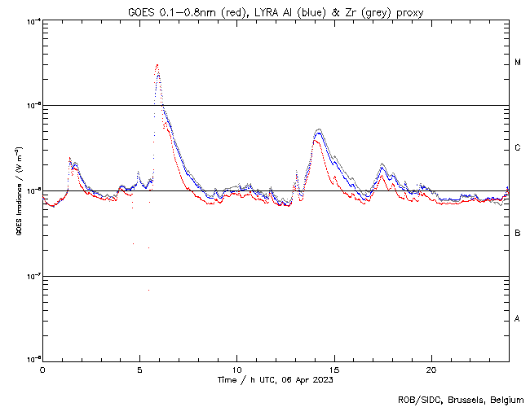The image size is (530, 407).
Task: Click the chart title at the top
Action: click(276, 11)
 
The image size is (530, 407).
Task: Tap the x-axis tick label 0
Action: click(42, 369)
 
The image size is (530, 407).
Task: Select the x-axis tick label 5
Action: click(139, 369)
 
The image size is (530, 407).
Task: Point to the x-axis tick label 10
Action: click(236, 369)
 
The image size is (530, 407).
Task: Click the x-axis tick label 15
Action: click(333, 369)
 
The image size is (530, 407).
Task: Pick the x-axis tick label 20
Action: click(431, 369)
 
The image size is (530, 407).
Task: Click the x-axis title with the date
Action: click(276, 379)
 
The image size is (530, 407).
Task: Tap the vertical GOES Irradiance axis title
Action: click(18, 191)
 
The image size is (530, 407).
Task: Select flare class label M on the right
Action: click(518, 63)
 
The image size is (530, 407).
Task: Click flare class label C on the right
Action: click(518, 148)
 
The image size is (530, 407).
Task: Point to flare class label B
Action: click(518, 234)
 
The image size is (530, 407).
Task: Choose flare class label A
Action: click(518, 319)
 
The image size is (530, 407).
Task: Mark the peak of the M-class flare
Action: click(157, 65)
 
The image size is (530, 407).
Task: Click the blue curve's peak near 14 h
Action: click(319, 132)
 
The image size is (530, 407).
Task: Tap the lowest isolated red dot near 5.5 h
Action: click(148, 290)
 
